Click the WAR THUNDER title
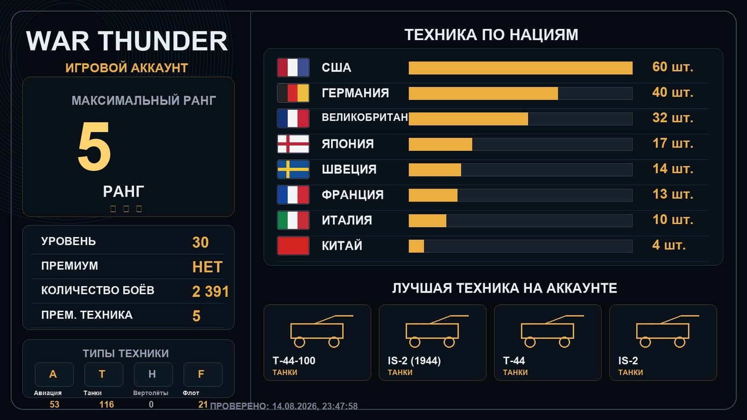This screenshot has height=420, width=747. [x=127, y=41]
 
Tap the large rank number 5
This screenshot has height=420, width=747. [x=94, y=146]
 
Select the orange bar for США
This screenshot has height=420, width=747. [x=520, y=68]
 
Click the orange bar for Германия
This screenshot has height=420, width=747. [x=483, y=93]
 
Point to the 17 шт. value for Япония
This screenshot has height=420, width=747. [x=673, y=143]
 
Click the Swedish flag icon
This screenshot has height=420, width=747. [x=293, y=169]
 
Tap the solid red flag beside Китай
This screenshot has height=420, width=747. [x=293, y=245]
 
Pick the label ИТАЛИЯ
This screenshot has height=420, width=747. [x=347, y=220]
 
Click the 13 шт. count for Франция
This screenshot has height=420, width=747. [x=673, y=194]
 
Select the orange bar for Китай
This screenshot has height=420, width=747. [x=416, y=246]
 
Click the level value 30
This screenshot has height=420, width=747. [x=200, y=242]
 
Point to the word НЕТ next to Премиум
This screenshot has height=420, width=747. [x=207, y=267]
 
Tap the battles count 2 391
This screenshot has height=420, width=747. [x=211, y=292]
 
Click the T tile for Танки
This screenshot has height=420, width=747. [x=103, y=374]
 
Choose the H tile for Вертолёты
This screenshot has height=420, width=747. [x=153, y=374]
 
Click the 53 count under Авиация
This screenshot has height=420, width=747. [x=54, y=404]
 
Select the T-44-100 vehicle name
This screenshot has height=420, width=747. [x=294, y=361]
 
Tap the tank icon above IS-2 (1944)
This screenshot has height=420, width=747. [x=437, y=331]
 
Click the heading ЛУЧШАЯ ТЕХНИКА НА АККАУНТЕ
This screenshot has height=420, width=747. [x=504, y=288]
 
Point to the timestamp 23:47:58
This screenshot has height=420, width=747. [x=339, y=406]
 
